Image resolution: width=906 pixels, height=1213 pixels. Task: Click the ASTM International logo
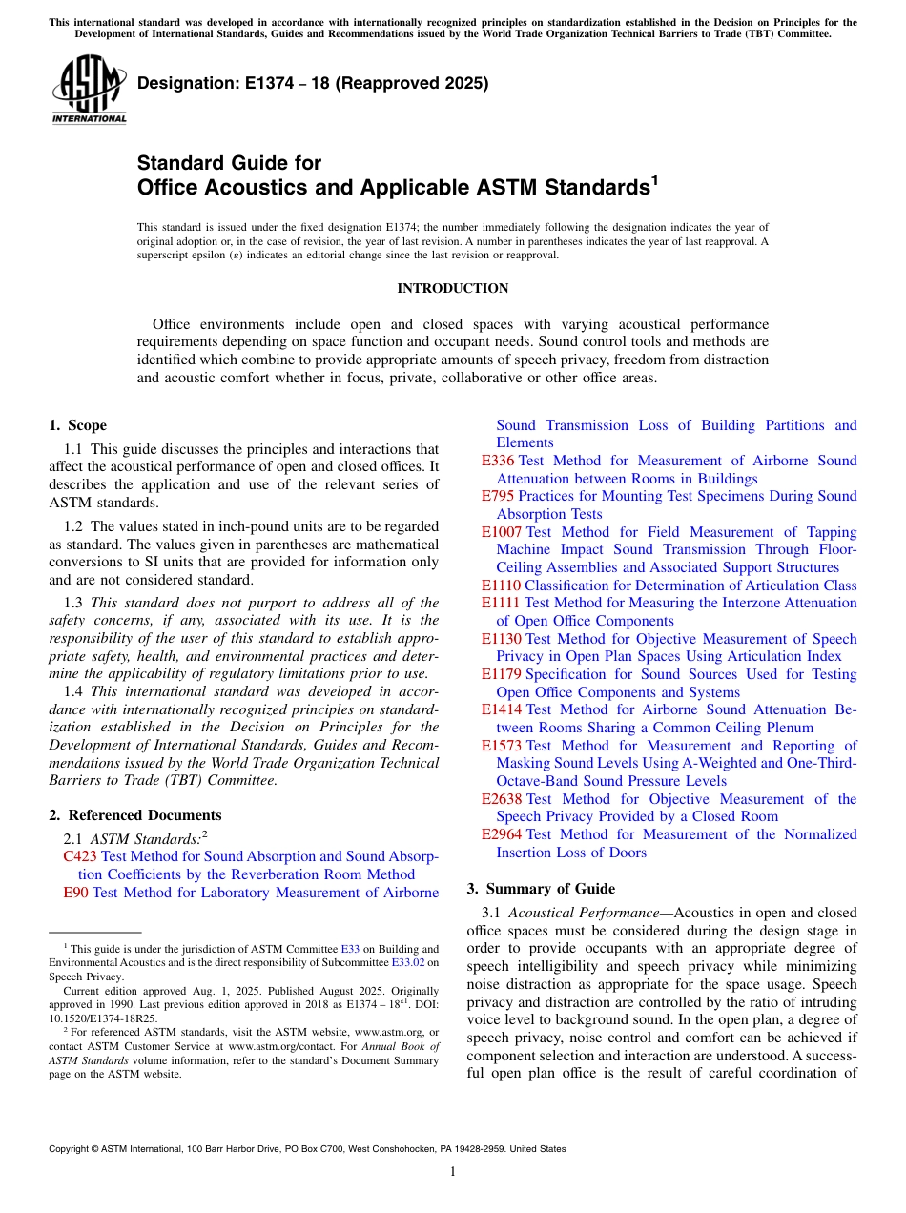pos(89,90)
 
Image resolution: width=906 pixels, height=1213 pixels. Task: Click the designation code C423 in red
pos(79,856)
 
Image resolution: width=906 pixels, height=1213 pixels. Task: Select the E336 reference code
pos(498,461)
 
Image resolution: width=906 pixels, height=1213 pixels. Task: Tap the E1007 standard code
pos(502,532)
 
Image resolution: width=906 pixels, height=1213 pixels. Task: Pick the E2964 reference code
pos(502,834)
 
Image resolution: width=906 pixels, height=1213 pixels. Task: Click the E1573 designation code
pos(502,746)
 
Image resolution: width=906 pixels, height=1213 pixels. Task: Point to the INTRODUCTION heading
pos(452,288)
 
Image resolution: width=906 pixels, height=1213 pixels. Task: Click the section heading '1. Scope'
pos(78,425)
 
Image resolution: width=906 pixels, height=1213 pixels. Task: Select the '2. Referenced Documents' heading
pos(135,815)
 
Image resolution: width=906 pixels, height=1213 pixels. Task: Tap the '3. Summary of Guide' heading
pos(541,889)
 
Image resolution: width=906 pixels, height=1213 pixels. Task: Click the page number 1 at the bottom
pos(453,1172)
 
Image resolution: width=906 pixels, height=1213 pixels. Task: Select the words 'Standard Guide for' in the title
pos(229,163)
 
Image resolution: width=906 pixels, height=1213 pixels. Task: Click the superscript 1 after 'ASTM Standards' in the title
pos(654,179)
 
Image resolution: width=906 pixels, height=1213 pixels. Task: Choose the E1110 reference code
pos(501,586)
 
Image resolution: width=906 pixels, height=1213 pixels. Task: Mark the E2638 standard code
pos(502,799)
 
